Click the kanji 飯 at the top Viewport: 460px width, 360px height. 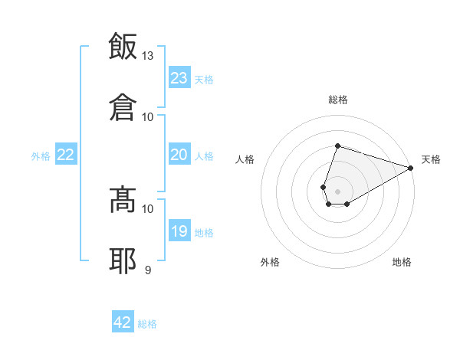tap(123, 46)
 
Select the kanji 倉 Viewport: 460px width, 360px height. tap(123, 107)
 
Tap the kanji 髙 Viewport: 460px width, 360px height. tap(123, 199)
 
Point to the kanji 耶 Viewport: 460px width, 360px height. tap(123, 260)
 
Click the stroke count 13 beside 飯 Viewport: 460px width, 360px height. tap(147, 56)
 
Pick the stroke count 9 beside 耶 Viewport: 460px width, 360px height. tap(148, 270)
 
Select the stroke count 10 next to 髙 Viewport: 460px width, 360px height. tap(147, 209)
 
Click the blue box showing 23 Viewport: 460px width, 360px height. tap(179, 77)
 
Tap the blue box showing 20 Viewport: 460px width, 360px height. tap(179, 154)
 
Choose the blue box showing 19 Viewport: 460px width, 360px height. tap(179, 230)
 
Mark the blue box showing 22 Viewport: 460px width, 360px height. tap(66, 154)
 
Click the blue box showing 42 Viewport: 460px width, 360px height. tap(123, 321)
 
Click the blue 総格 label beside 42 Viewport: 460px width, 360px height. tap(147, 324)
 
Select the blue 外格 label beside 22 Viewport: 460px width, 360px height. tap(41, 156)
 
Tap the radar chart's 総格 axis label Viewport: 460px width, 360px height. tap(338, 100)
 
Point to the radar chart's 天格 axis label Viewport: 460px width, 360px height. tap(431, 159)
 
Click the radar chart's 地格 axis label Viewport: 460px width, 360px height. tap(402, 262)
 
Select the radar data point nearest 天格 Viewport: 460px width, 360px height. tap(411, 168)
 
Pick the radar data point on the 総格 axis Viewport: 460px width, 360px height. tap(337, 146)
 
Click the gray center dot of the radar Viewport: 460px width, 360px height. tap(337, 191)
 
